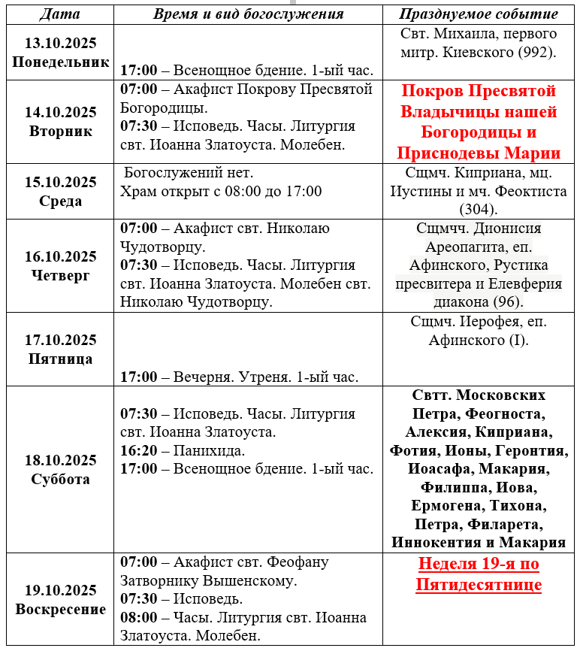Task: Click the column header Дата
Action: pos(59,14)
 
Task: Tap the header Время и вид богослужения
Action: pos(248,14)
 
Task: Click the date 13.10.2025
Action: pos(60,44)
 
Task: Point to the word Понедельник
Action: pos(60,62)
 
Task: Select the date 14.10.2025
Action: pos(60,112)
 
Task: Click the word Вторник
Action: pos(60,131)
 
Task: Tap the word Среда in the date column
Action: pos(60,201)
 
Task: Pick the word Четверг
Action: pos(60,275)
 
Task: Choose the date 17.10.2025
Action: pos(60,340)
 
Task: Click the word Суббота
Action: pos(60,479)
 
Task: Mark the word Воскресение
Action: pos(60,609)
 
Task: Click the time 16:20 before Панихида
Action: pos(139,450)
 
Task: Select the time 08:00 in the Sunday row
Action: pos(139,617)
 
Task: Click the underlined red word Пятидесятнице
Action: pos(479,584)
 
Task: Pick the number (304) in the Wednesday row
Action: pos(479,210)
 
